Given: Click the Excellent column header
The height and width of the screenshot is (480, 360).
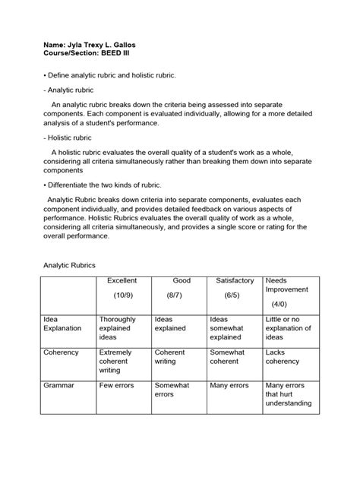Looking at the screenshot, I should pyautogui.click(x=122, y=281).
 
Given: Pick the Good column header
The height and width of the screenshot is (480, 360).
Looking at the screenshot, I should pyautogui.click(x=182, y=281).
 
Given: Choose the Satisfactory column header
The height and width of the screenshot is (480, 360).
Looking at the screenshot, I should pyautogui.click(x=235, y=281).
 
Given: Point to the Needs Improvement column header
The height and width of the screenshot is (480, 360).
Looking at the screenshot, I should pyautogui.click(x=287, y=285).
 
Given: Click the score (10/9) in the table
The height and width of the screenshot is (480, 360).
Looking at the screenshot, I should pyautogui.click(x=122, y=294).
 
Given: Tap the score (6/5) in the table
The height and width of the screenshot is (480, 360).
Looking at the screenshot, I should pyautogui.click(x=232, y=294).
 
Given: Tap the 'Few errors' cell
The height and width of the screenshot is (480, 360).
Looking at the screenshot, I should pyautogui.click(x=118, y=386).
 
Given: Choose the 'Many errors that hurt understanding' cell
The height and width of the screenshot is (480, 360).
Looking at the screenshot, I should pyautogui.click(x=288, y=394).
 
